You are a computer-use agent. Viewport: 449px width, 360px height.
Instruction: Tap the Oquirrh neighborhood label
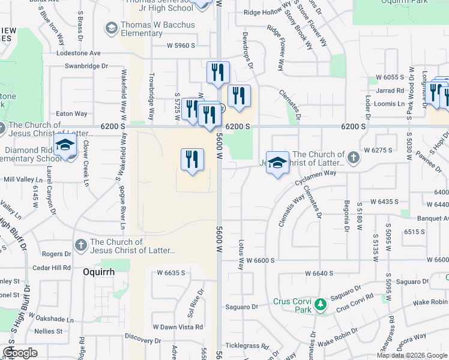point(98,271)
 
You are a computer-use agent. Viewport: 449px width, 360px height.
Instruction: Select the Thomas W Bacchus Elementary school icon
point(111,28)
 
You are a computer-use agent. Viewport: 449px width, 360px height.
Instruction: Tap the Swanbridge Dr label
point(86,66)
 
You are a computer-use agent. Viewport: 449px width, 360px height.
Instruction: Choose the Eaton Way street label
point(71,113)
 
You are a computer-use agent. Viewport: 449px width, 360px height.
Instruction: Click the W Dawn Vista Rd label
point(178,327)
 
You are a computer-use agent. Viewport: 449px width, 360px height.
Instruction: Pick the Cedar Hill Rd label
point(52,268)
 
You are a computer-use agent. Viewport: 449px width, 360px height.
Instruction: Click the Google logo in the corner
point(20,353)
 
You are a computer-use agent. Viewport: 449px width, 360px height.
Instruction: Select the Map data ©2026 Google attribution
point(411,355)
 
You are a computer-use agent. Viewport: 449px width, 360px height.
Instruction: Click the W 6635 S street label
point(171,273)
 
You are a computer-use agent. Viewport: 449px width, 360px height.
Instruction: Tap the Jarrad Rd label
point(391,91)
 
